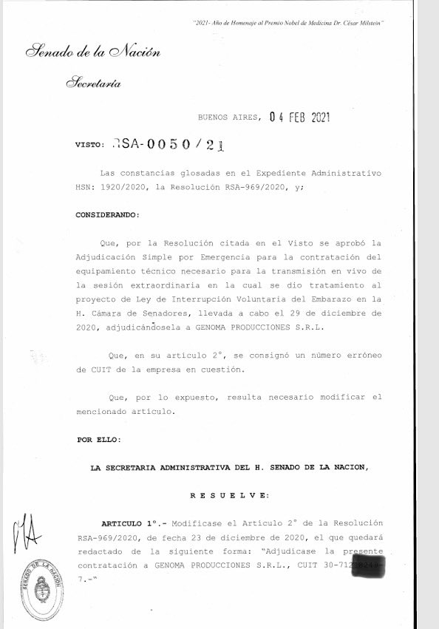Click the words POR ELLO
click(99, 440)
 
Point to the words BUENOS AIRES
click(228, 118)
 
